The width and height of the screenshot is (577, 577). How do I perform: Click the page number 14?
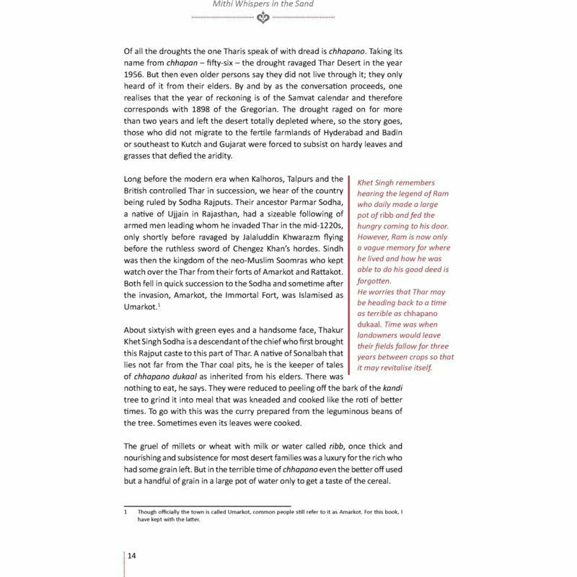tap(133, 555)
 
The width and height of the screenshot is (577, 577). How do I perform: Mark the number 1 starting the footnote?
tap(125, 512)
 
